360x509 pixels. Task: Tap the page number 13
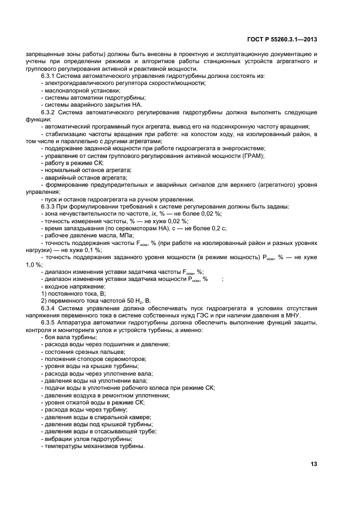[314, 464]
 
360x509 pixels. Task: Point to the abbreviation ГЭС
[203, 316]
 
